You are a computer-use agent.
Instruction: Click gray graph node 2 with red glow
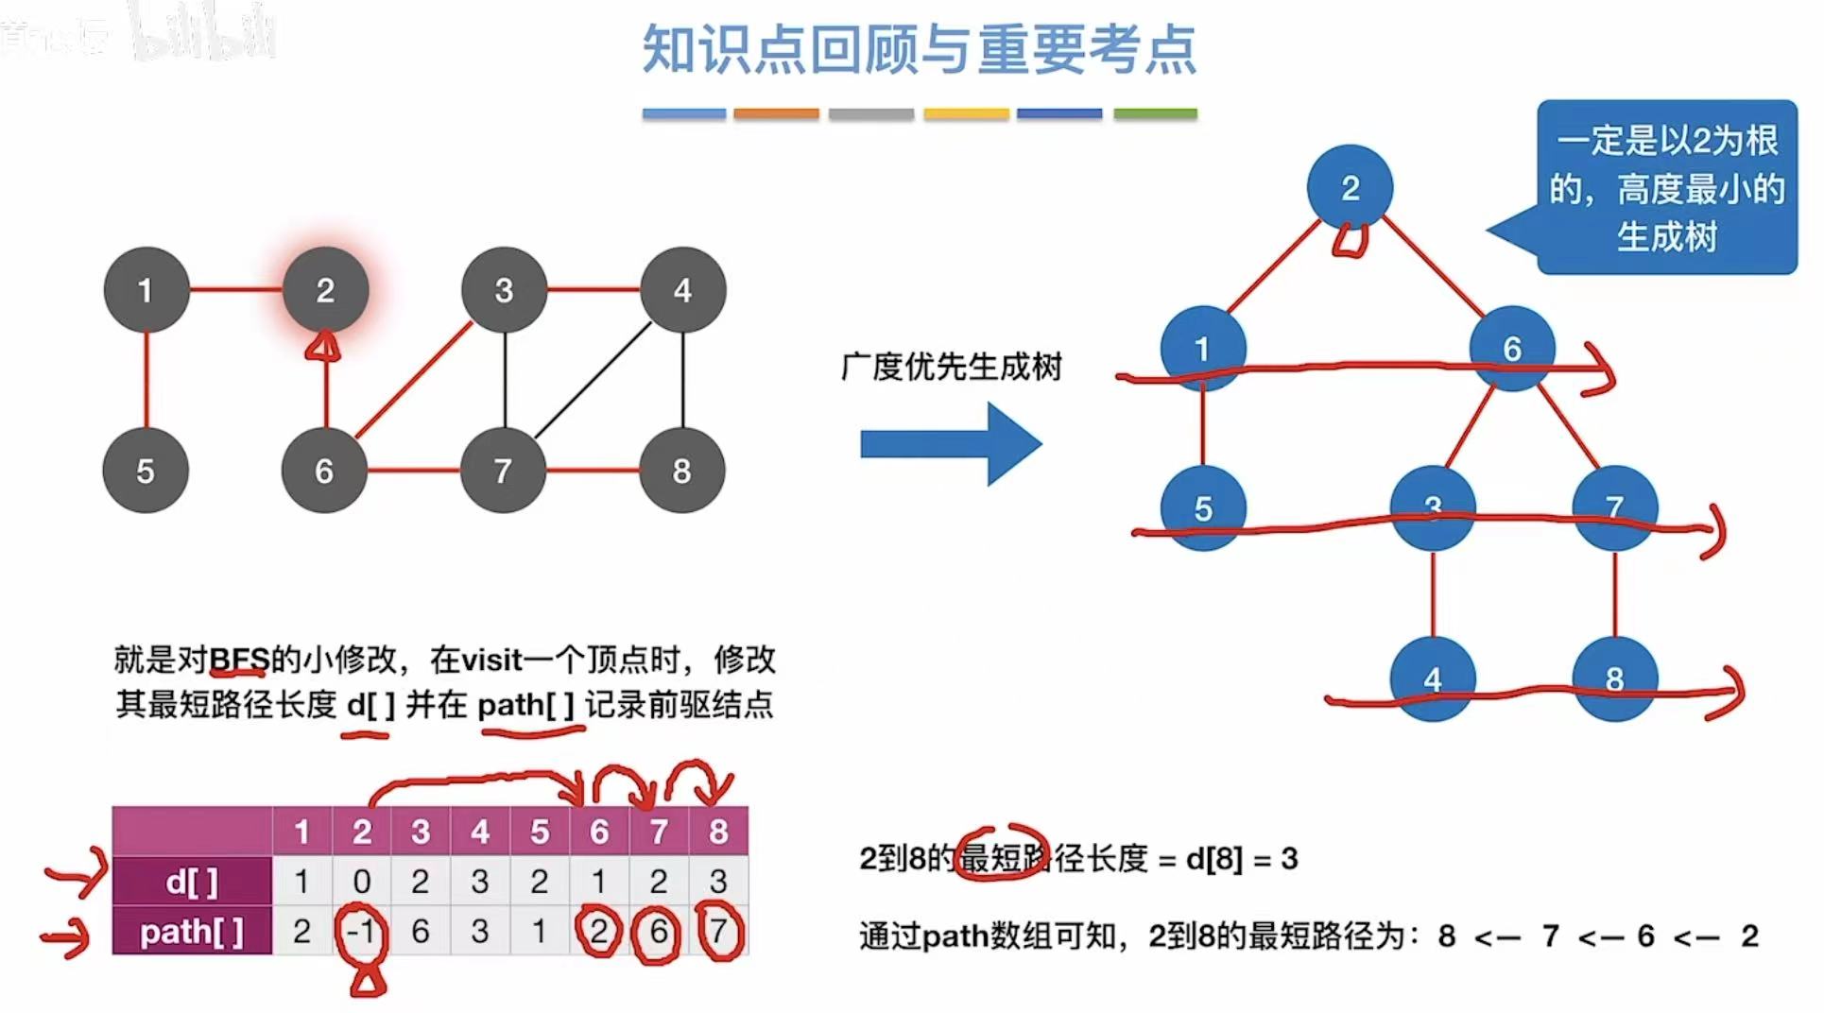325,290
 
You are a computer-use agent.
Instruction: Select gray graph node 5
146,471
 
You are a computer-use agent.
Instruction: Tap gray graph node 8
681,471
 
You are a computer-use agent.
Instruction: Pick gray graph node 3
504,290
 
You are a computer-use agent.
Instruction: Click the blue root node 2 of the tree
1350,187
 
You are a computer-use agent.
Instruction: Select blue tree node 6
1511,348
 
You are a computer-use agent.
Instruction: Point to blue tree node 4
1432,678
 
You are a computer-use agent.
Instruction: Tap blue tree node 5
1202,508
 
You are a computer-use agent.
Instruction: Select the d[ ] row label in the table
192,882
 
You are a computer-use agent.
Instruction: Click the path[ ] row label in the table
192,932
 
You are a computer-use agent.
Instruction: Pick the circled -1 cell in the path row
361,932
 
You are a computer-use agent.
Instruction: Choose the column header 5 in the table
540,832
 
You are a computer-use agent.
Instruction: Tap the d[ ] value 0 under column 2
361,882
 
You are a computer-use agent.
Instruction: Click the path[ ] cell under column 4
480,932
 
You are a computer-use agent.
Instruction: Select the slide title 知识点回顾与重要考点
919,49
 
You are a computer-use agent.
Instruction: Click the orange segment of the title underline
776,114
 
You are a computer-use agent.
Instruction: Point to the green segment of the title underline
1155,114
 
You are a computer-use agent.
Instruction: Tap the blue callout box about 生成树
1666,187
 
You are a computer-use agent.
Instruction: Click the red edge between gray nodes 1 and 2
236,289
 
